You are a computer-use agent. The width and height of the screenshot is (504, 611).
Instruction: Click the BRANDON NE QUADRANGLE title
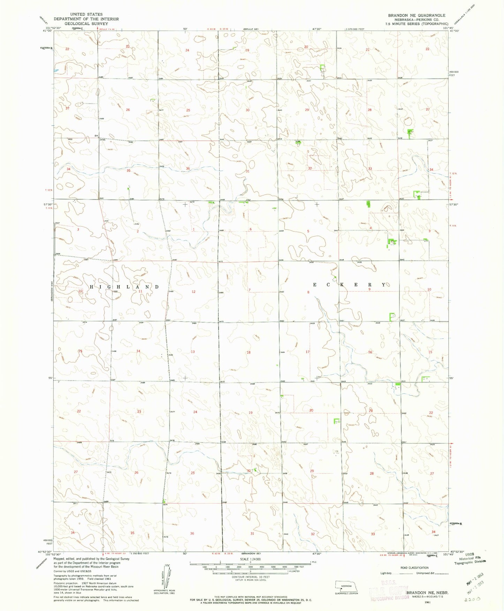(416, 15)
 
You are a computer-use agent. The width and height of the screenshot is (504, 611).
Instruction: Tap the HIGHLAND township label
(124, 286)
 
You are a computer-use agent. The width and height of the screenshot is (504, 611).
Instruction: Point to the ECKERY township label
(349, 285)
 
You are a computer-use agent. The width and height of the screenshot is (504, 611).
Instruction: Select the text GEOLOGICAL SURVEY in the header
(86, 23)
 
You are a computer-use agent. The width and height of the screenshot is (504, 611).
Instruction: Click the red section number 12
(194, 291)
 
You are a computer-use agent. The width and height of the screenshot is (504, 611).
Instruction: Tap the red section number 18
(249, 352)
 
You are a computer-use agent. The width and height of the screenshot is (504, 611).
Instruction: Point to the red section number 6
(250, 229)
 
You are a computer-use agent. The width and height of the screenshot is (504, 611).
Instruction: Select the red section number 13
(193, 352)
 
